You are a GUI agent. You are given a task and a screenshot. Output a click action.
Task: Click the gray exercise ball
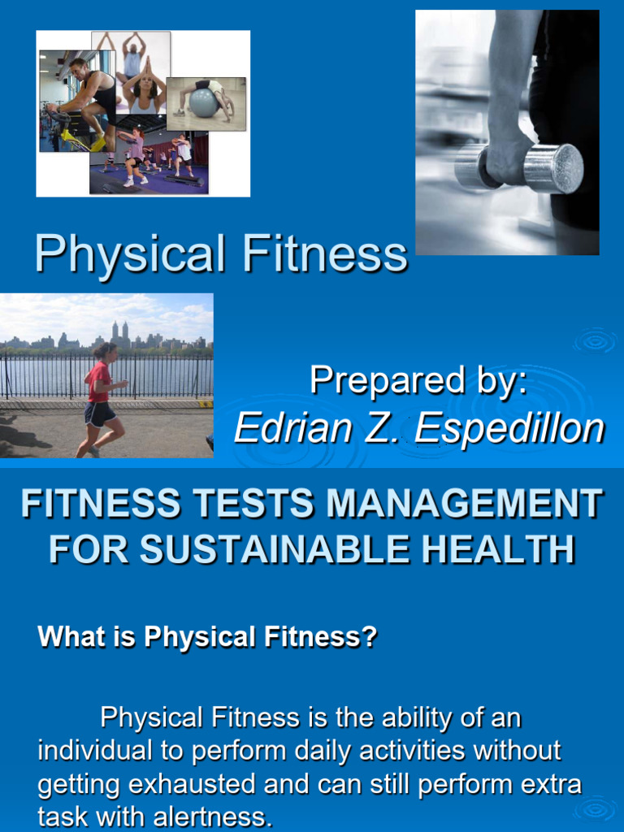coord(203,102)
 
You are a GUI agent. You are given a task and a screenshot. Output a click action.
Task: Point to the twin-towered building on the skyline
coord(120,332)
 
